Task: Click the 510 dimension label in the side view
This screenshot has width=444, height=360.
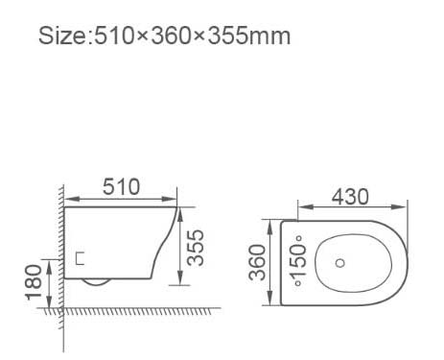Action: [121, 187]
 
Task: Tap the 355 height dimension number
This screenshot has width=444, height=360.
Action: [196, 248]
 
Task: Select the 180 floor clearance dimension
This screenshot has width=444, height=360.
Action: [34, 282]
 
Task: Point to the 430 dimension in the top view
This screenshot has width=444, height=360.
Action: [350, 197]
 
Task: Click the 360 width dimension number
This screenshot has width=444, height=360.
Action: [257, 262]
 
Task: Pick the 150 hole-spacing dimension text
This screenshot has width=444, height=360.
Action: [298, 261]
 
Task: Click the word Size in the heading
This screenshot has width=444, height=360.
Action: [62, 36]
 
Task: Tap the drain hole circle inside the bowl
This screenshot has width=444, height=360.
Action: [340, 263]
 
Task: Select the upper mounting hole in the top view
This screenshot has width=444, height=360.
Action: [299, 238]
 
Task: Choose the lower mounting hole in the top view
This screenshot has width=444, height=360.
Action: [298, 283]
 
